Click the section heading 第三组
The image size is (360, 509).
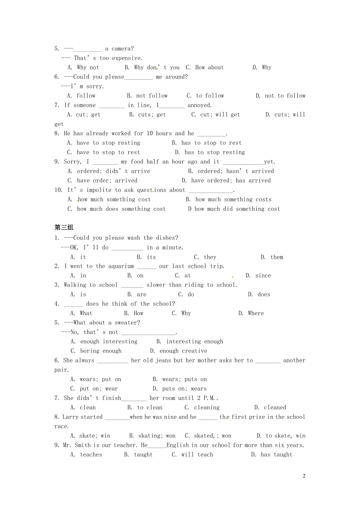tap(64, 228)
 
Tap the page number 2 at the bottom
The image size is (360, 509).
tap(304, 476)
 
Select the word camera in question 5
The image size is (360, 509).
tap(122, 48)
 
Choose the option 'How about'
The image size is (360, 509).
tap(209, 67)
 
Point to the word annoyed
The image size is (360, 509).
tap(199, 105)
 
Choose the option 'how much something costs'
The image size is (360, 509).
tap(233, 199)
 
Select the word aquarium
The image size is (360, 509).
tap(115, 266)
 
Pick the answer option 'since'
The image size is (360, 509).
tap(263, 275)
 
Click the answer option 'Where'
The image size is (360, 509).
tap(256, 313)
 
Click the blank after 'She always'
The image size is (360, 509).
tap(113, 360)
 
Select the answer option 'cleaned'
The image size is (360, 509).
tap(275, 407)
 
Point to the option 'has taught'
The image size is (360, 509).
tap(276, 454)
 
